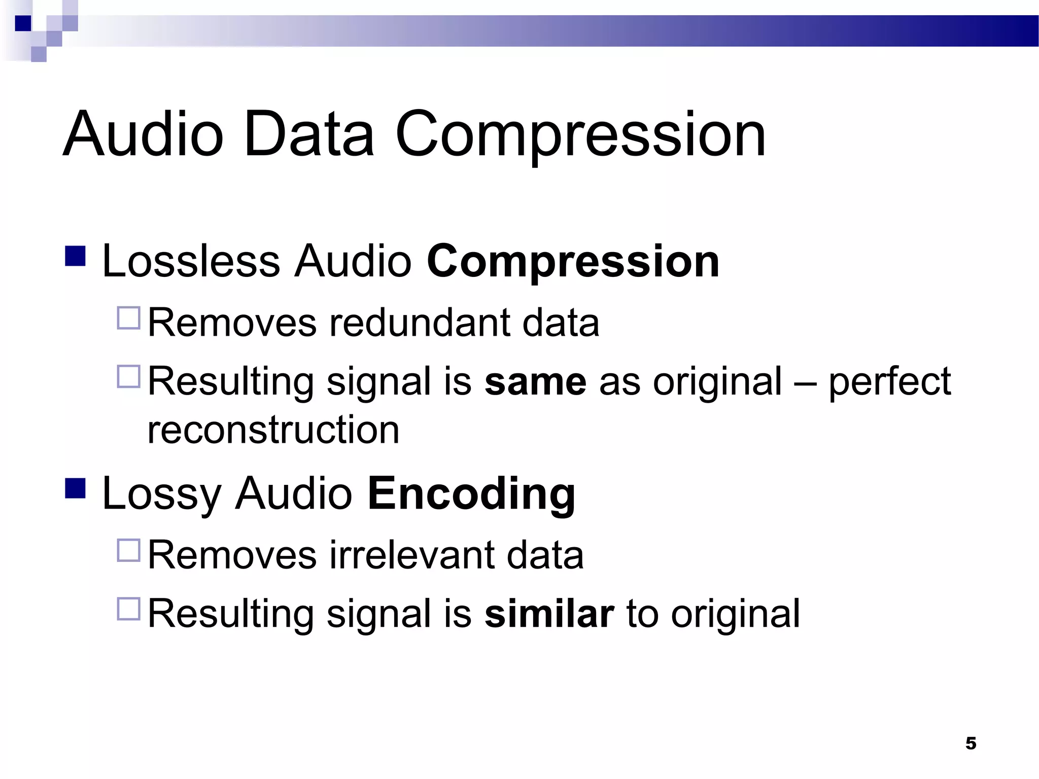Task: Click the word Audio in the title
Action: (143, 134)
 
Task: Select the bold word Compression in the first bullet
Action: (573, 262)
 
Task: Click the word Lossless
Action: (191, 262)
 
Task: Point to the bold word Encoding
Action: (471, 494)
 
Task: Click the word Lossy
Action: (161, 494)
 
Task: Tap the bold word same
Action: (535, 382)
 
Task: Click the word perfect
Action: (889, 382)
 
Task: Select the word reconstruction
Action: (273, 430)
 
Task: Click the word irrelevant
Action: (411, 555)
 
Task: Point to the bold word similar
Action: (549, 614)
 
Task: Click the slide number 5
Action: (971, 743)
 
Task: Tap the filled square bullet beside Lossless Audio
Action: (76, 257)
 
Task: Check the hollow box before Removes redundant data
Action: (128, 318)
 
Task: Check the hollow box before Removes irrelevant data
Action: (128, 551)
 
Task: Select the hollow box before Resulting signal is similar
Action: (128, 609)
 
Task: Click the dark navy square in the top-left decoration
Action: (23, 23)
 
